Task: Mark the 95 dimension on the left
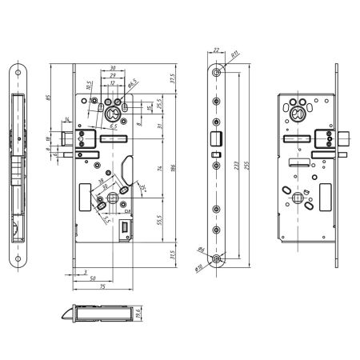[x=50, y=101]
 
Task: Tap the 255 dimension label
[x=246, y=163]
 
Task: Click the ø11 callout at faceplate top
[x=236, y=56]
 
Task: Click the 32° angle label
[x=142, y=189]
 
